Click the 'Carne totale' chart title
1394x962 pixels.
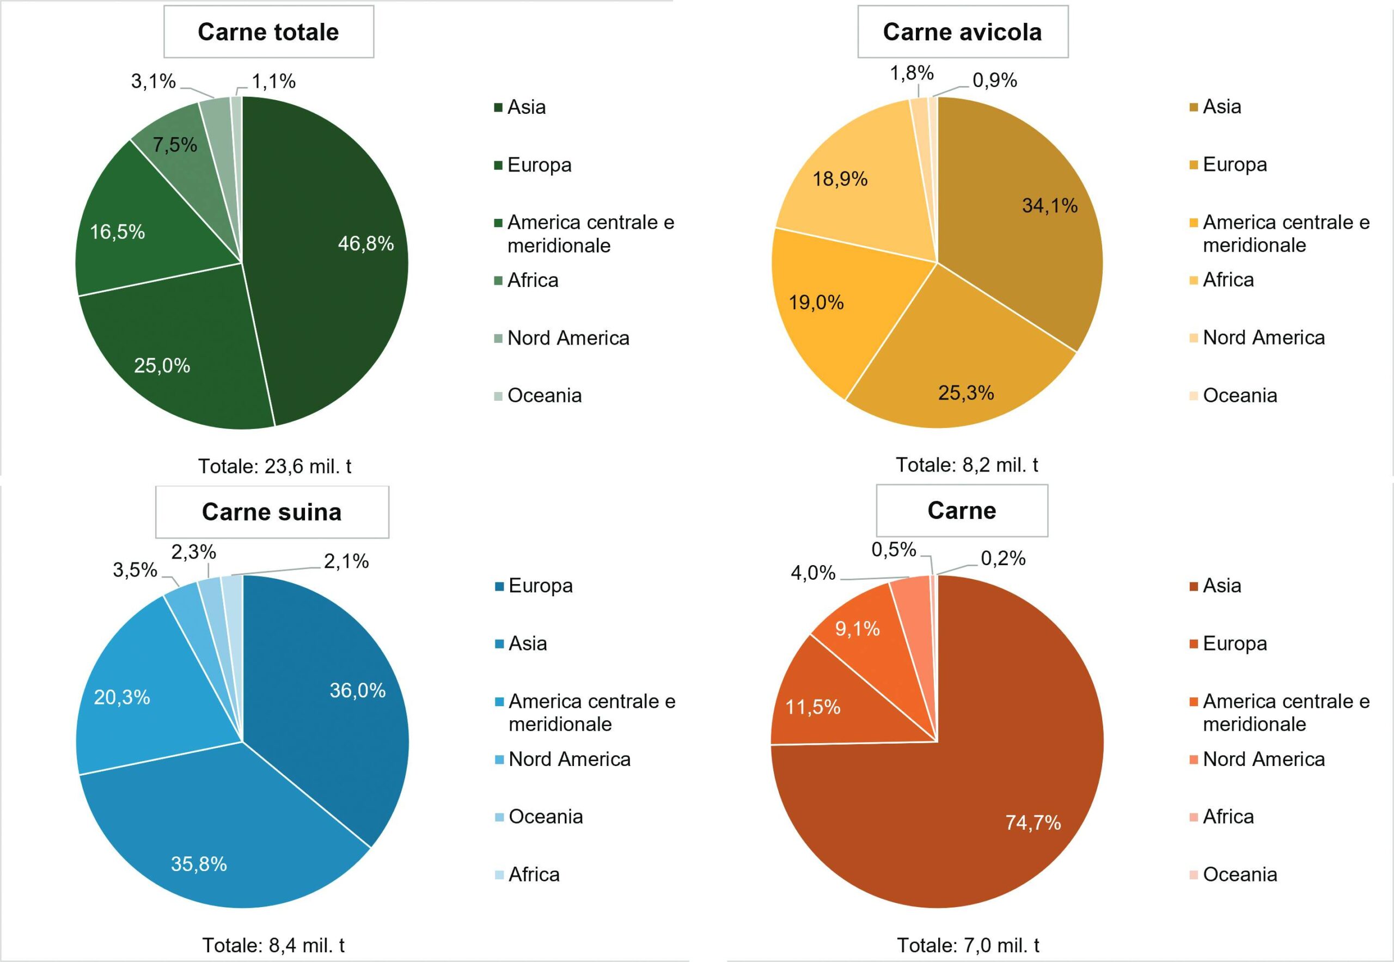point(268,32)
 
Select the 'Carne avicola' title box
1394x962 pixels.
point(962,32)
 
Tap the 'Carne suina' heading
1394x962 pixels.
point(272,512)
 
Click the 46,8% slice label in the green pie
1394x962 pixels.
point(365,243)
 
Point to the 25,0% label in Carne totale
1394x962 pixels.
point(162,365)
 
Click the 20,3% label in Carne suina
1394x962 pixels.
point(122,697)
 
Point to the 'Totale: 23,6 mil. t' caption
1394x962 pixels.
point(275,466)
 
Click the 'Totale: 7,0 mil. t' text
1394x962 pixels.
point(968,945)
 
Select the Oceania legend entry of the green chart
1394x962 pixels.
point(545,395)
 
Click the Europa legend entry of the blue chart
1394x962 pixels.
point(540,585)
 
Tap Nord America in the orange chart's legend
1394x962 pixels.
point(1264,759)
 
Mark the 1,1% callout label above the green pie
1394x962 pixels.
point(274,81)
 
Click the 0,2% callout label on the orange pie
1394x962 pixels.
point(1003,558)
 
